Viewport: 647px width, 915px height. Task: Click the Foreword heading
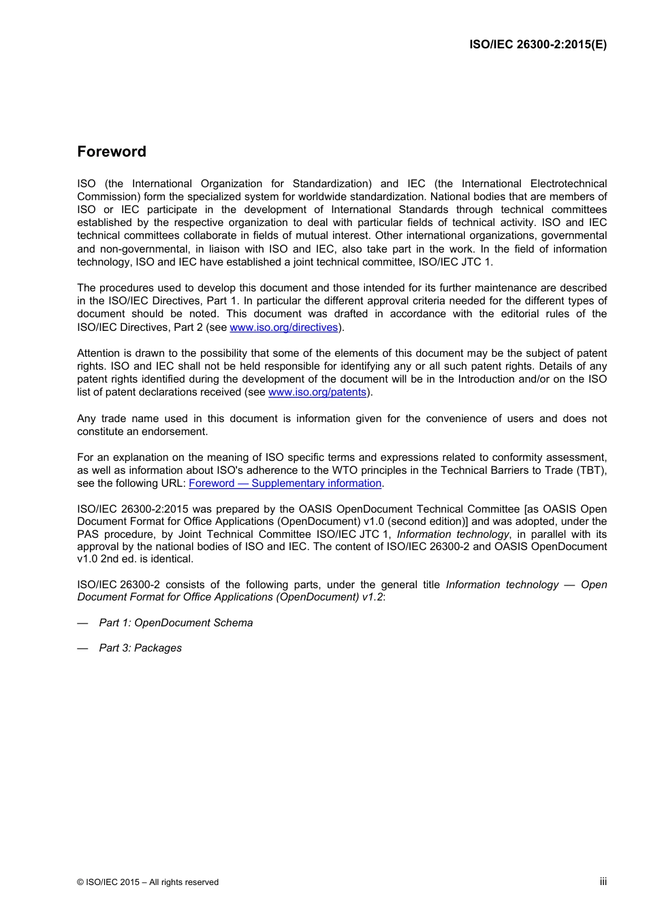pos(112,152)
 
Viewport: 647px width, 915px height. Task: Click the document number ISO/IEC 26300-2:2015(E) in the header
pos(537,45)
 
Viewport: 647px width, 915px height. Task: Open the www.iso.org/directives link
pos(283,327)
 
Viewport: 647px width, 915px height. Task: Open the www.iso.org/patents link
pos(317,392)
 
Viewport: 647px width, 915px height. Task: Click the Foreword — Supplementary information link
pos(285,483)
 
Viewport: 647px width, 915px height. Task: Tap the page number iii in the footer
pos(603,882)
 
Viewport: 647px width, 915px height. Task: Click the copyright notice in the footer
pos(148,882)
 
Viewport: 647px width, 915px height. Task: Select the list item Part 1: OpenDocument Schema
pos(176,623)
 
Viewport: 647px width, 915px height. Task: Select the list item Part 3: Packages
pos(140,648)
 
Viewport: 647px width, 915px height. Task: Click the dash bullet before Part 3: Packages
pos(82,648)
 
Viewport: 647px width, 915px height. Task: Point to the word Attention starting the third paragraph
pos(99,353)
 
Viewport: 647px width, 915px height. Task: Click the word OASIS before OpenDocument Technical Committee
pos(315,509)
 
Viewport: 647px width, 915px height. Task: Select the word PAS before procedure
pos(88,534)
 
